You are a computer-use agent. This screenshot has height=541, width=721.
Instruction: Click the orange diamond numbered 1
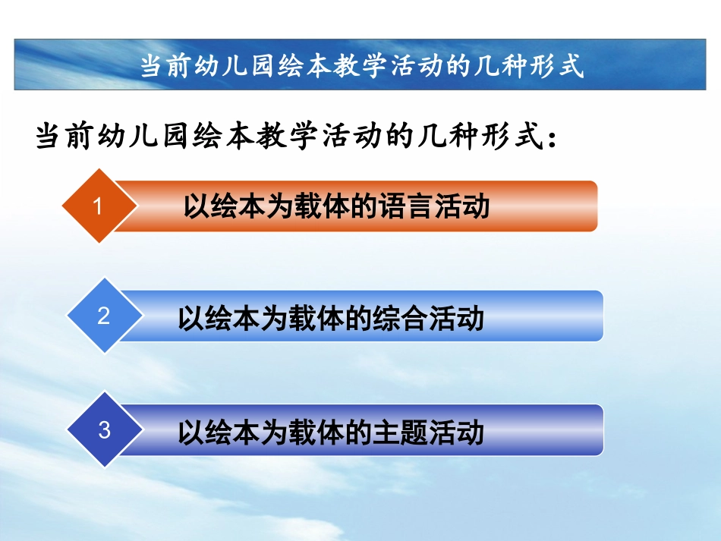[x=97, y=206]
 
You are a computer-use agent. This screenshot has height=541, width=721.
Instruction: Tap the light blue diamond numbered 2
[x=104, y=316]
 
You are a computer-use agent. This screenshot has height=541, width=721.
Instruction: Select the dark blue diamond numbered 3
[x=104, y=430]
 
